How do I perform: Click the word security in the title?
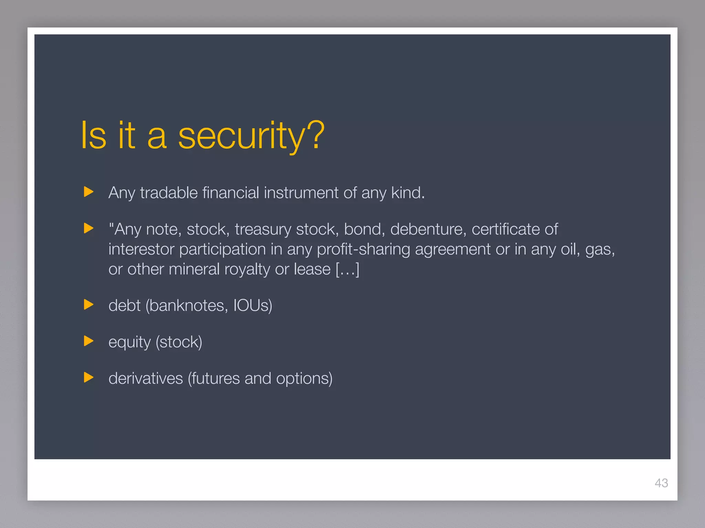tap(241, 136)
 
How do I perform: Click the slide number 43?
tap(661, 483)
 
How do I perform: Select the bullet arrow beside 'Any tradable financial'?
tap(88, 192)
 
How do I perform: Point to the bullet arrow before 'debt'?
tap(88, 305)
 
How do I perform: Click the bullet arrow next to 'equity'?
tap(88, 341)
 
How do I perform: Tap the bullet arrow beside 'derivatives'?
tap(88, 377)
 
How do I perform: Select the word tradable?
tap(169, 192)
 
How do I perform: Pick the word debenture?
tap(428, 229)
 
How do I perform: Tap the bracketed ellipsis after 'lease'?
tap(347, 269)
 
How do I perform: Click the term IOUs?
tap(252, 306)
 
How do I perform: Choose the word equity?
tap(129, 343)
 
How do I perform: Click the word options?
tap(304, 379)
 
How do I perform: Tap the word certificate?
tap(505, 229)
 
